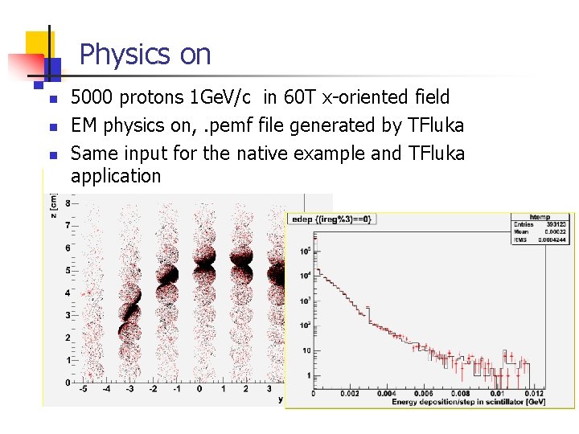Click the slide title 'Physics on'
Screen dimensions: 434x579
pos(146,55)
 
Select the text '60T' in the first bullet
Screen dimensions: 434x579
pos(299,97)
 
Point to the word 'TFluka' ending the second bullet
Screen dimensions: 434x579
pos(437,125)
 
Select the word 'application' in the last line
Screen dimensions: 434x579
pos(116,176)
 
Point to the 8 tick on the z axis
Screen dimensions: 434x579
pos(68,204)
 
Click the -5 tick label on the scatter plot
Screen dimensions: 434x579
pos(82,389)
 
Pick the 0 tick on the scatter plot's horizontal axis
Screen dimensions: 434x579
pos(199,389)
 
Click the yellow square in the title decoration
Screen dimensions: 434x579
pos(38,43)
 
